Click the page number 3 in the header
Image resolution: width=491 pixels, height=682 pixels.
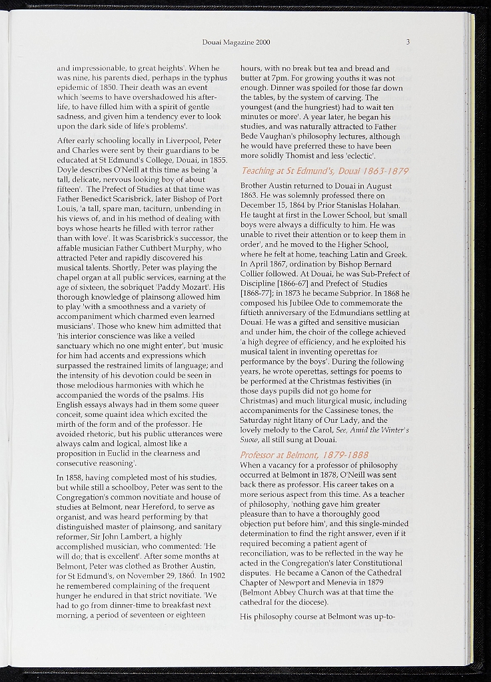(x=408, y=43)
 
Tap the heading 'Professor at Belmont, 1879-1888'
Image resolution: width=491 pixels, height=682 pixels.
(x=304, y=454)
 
